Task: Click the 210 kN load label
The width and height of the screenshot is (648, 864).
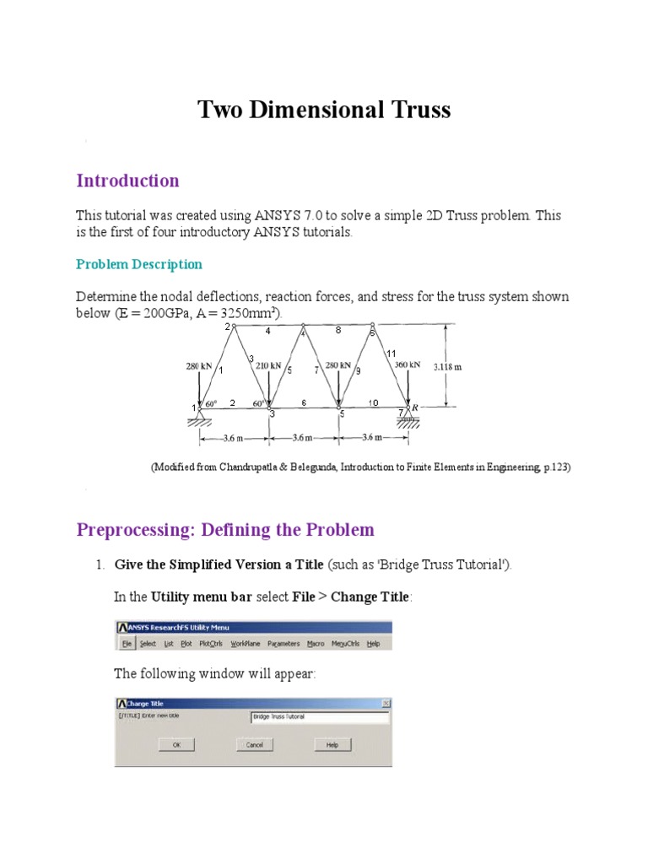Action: click(268, 366)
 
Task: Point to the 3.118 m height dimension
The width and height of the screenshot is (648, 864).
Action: click(447, 367)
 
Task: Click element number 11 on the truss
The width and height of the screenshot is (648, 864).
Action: click(391, 353)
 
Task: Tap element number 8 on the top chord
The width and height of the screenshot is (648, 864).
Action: click(337, 331)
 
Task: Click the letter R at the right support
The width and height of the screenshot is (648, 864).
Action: click(416, 407)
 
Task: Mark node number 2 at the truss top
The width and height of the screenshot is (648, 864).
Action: click(226, 327)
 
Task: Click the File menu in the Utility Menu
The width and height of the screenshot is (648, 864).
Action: click(127, 644)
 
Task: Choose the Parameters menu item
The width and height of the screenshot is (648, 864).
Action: click(283, 644)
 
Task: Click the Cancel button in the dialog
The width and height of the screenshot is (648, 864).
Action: click(254, 745)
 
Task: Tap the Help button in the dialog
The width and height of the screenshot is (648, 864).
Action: click(332, 745)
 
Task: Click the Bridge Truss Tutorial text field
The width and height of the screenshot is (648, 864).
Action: click(319, 717)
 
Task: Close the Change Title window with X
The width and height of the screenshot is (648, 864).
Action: click(386, 703)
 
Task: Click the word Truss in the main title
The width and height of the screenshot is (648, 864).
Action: click(414, 110)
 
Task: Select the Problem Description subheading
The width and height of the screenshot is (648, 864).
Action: click(139, 264)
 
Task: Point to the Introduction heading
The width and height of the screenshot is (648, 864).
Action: click(127, 181)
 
